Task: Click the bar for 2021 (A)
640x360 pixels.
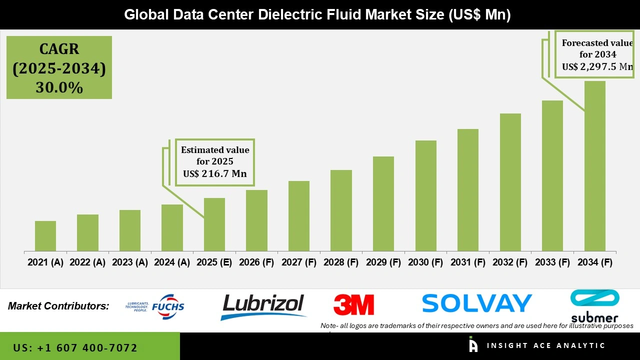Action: [x=45, y=236]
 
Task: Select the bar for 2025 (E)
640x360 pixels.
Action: [x=214, y=225]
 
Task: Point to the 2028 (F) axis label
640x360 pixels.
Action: [x=341, y=262]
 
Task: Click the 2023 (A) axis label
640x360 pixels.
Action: [x=130, y=262]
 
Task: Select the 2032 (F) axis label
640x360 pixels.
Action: [x=510, y=262]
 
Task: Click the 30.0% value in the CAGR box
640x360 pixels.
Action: [x=59, y=87]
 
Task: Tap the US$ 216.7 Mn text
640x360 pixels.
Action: [x=215, y=174]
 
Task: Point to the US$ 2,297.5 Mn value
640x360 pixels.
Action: [x=597, y=66]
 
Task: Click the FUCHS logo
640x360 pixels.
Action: [x=155, y=306]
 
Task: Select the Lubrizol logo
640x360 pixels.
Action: [x=262, y=306]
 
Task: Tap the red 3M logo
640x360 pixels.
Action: [x=354, y=304]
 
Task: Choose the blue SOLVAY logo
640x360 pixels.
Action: [x=476, y=303]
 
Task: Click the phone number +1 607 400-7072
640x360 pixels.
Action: [x=75, y=347]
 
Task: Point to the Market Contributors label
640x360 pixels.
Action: [x=58, y=305]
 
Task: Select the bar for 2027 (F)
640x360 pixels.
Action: [x=299, y=216]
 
